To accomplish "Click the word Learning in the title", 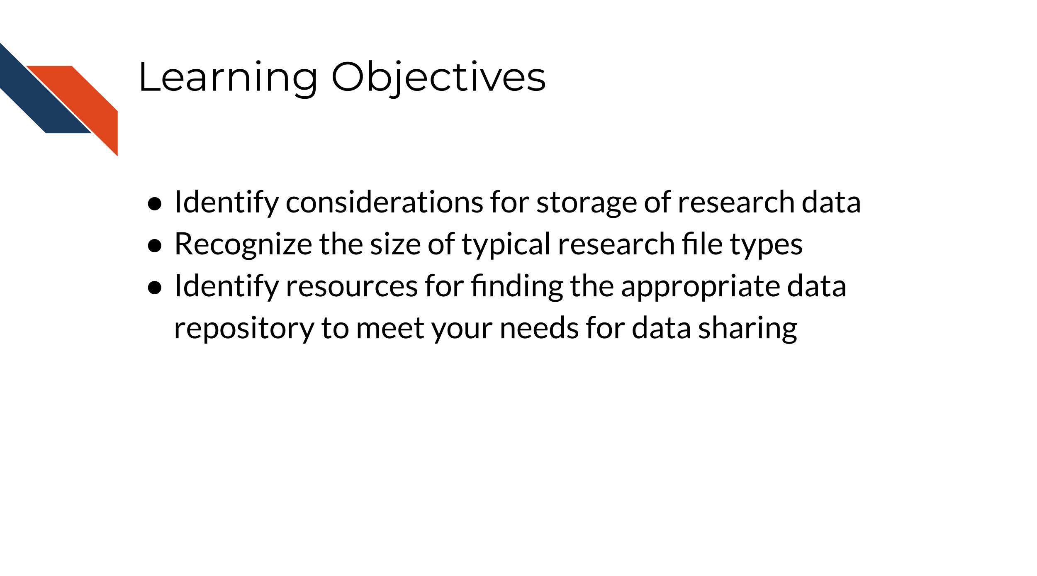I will pyautogui.click(x=228, y=78).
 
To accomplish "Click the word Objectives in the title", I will pyautogui.click(x=438, y=78).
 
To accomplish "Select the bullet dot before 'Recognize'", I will pyautogui.click(x=155, y=246).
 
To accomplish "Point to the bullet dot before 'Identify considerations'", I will pyautogui.click(x=155, y=204).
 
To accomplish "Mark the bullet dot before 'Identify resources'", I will pyautogui.click(x=155, y=288).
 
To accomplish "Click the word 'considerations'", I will pyautogui.click(x=384, y=202).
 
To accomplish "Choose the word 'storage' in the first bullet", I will pyautogui.click(x=587, y=203).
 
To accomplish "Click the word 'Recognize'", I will pyautogui.click(x=243, y=244).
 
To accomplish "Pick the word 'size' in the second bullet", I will pyautogui.click(x=395, y=244).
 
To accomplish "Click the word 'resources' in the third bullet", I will pyautogui.click(x=352, y=286).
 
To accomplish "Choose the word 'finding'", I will pyautogui.click(x=517, y=286).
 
